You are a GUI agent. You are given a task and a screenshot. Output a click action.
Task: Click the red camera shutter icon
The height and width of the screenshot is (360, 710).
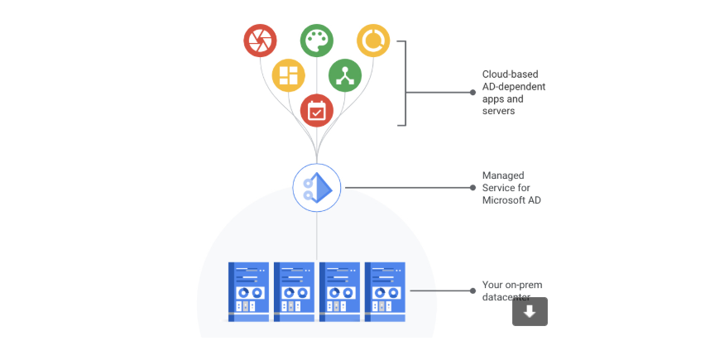pos(260,40)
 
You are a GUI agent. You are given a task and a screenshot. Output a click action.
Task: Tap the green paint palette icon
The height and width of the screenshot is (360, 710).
pos(316,40)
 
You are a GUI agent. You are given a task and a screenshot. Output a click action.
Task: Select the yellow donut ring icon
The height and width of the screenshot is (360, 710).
pos(372,40)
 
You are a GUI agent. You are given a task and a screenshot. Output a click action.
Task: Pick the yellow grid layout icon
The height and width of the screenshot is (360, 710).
pos(288,75)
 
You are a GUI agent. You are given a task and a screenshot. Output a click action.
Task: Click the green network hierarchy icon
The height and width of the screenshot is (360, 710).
pos(345,75)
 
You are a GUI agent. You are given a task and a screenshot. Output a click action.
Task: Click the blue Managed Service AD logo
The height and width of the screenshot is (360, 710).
pos(317,187)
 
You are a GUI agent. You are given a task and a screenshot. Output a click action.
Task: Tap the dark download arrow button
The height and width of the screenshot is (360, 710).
pos(530,311)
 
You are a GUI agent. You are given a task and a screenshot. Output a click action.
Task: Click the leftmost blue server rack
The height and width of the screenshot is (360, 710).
pos(249,291)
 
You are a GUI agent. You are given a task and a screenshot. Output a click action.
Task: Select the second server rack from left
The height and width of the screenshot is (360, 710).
pos(294,291)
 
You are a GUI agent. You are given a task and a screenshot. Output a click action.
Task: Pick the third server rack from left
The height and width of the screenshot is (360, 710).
pos(339,291)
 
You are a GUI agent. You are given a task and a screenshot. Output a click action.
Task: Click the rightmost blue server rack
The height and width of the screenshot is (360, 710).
pos(385,291)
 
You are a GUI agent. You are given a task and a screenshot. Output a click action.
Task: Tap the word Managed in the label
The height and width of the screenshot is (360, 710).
pos(503,175)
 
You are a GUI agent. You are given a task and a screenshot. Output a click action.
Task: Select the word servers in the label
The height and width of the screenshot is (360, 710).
pos(499,111)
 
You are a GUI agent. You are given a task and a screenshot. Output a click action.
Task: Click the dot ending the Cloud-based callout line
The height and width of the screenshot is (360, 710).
pos(473,93)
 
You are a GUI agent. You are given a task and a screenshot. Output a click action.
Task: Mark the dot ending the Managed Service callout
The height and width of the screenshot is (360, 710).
pos(473,188)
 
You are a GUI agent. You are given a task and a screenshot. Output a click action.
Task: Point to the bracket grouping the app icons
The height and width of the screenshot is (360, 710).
pos(405,84)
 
